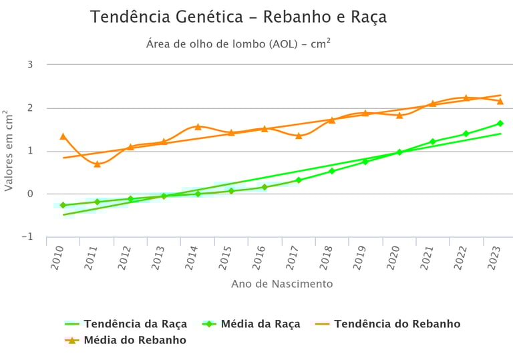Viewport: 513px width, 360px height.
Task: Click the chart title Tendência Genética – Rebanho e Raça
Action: click(x=238, y=17)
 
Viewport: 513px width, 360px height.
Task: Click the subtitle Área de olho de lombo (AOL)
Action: click(x=238, y=45)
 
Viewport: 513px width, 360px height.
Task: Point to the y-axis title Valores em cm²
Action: click(x=9, y=151)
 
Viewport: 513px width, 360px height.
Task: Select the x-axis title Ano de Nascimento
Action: click(x=282, y=284)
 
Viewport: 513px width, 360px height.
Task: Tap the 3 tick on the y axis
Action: click(x=30, y=65)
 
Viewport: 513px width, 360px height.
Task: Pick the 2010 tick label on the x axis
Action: click(x=57, y=258)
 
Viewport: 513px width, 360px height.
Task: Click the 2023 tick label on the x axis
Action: click(x=494, y=258)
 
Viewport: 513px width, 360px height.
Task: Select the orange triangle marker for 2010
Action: click(x=63, y=136)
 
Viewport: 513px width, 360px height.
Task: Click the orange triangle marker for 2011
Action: click(x=97, y=164)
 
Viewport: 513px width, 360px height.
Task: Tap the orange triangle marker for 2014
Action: click(x=198, y=126)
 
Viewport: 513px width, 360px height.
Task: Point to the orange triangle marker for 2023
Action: click(x=500, y=101)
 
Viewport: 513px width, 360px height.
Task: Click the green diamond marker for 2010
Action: click(x=63, y=205)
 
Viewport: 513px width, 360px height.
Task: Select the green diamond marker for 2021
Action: click(x=433, y=142)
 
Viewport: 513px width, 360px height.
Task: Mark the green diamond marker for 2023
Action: click(x=500, y=124)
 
